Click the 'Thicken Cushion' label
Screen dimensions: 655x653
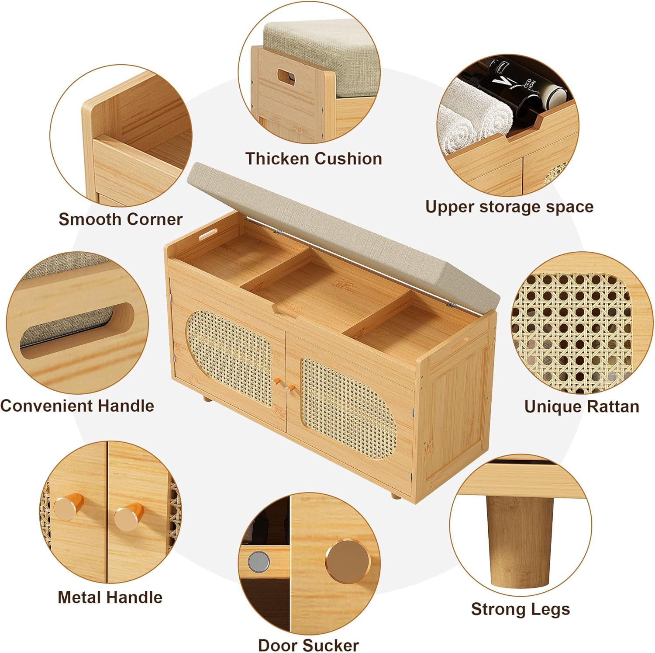[x=314, y=159]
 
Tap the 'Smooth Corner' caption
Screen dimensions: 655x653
[x=121, y=219]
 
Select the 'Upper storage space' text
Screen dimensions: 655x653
[x=509, y=207]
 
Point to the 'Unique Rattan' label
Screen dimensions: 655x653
[x=582, y=406]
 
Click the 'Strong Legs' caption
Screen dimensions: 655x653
[x=521, y=609]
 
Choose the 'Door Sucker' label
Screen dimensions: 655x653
[x=308, y=645]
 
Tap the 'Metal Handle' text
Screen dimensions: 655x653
[x=110, y=597]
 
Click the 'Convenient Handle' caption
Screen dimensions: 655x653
[x=77, y=406]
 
